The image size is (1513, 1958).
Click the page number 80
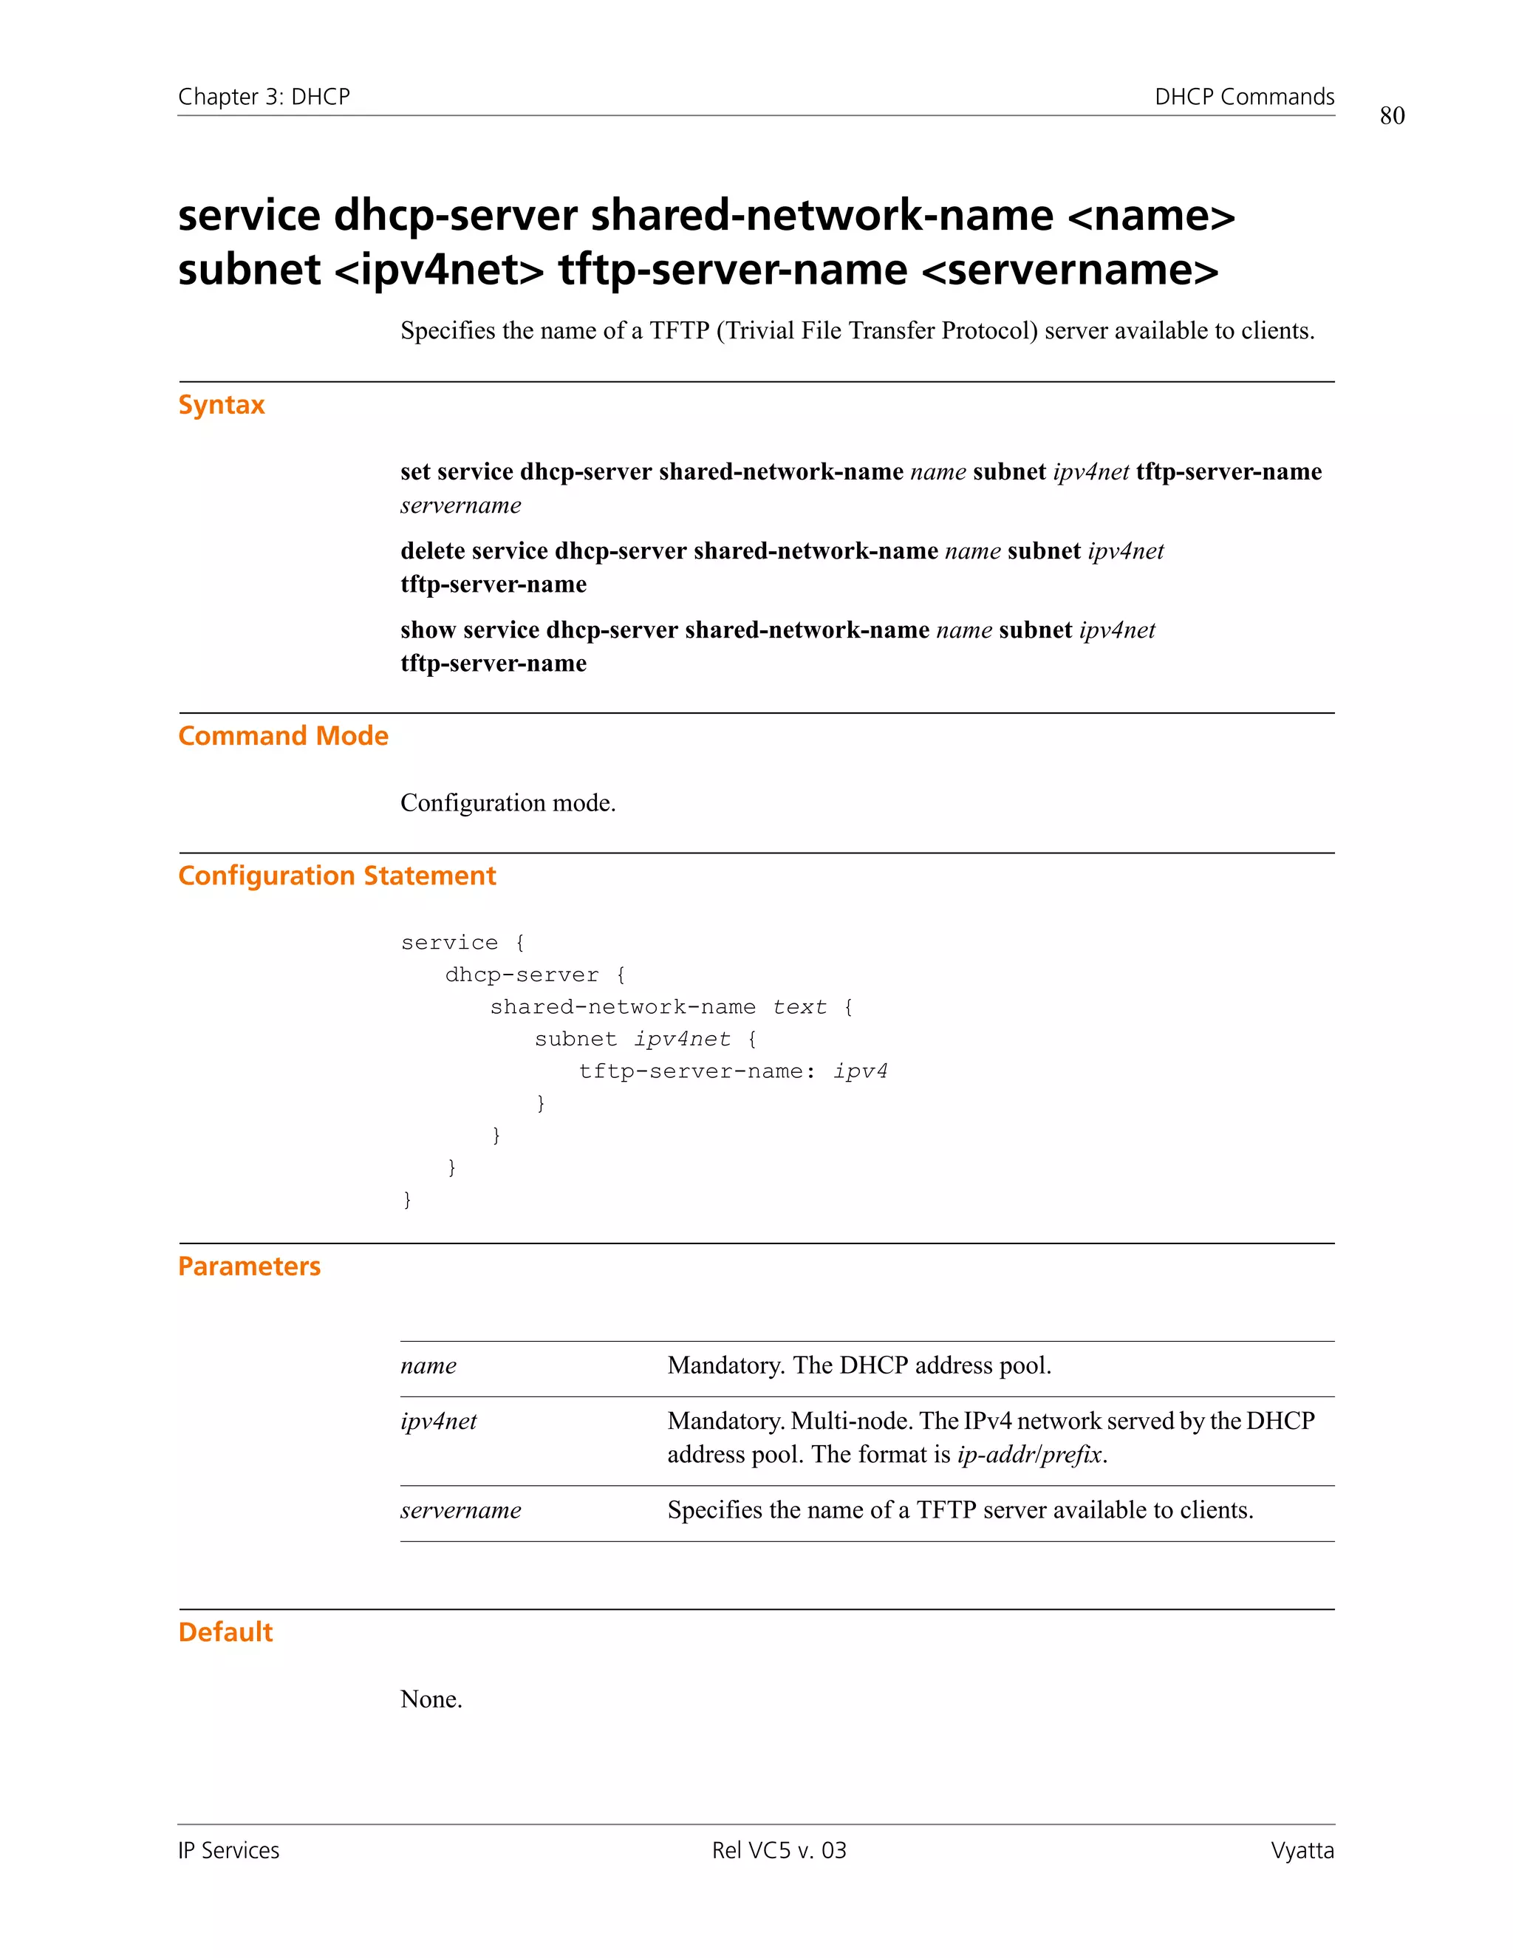tap(1391, 116)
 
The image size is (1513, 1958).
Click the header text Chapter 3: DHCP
tap(264, 97)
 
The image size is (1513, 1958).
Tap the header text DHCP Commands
tap(1243, 97)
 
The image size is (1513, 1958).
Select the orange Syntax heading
tap(222, 404)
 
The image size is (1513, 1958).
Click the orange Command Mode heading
tap(283, 735)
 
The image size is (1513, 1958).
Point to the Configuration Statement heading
tap(336, 875)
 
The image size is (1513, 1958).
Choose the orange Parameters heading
tap(249, 1266)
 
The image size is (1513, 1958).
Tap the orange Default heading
tap(225, 1631)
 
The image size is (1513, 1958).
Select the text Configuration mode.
tap(508, 802)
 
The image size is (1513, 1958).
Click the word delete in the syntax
tap(432, 550)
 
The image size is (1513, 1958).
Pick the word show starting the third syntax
tap(428, 630)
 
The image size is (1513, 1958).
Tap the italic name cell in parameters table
tap(428, 1365)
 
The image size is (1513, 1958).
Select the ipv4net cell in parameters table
tap(438, 1421)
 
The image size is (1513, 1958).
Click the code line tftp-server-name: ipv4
tap(732, 1071)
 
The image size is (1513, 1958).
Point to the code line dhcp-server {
tap(535, 975)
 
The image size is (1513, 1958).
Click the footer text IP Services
tap(228, 1850)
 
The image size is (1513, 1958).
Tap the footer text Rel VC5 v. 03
tap(779, 1850)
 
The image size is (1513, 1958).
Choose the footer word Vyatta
tap(1302, 1850)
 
